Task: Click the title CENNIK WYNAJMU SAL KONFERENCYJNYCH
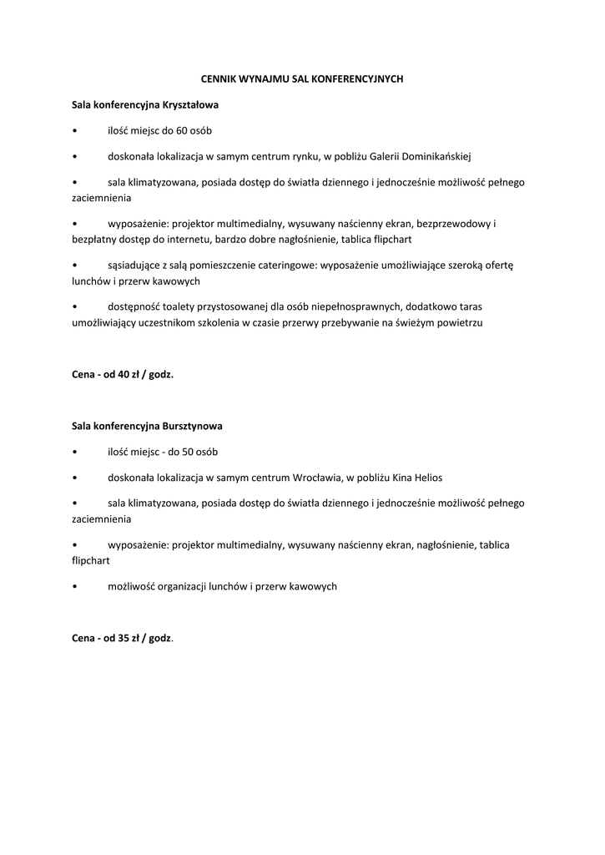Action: pyautogui.click(x=303, y=78)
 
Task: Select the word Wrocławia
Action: pyautogui.click(x=320, y=478)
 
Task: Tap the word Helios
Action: pyautogui.click(x=428, y=478)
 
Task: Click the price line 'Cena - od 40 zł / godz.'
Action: pyautogui.click(x=123, y=375)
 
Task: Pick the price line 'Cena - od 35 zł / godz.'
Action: pyautogui.click(x=123, y=638)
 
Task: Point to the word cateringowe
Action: pyautogui.click(x=265, y=265)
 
